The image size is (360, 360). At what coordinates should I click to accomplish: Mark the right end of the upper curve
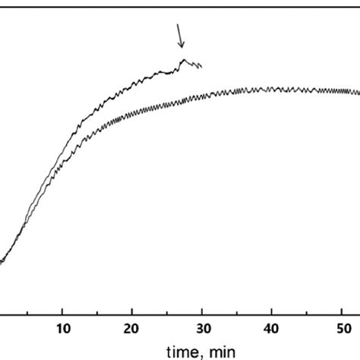tap(201, 67)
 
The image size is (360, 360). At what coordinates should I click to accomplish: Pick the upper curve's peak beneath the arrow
tap(182, 60)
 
